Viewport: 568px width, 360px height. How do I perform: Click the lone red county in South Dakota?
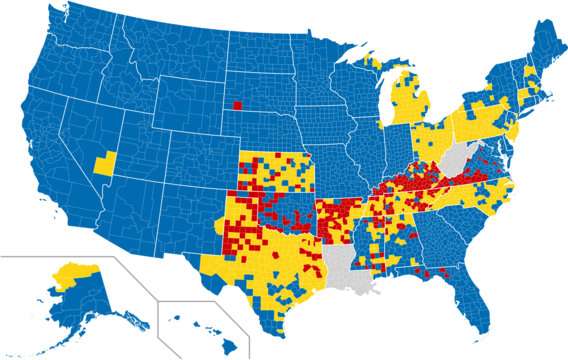[237, 104]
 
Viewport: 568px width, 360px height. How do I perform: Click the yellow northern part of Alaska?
[75, 269]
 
